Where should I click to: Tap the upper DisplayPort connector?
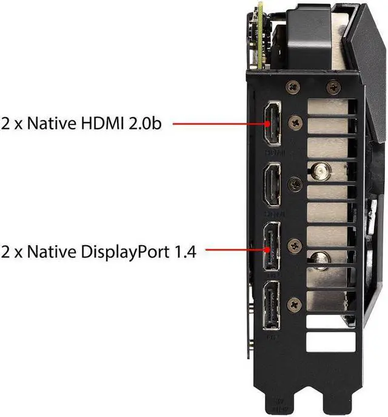point(270,249)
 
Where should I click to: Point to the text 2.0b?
point(149,123)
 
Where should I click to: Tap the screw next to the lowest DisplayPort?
point(295,301)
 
